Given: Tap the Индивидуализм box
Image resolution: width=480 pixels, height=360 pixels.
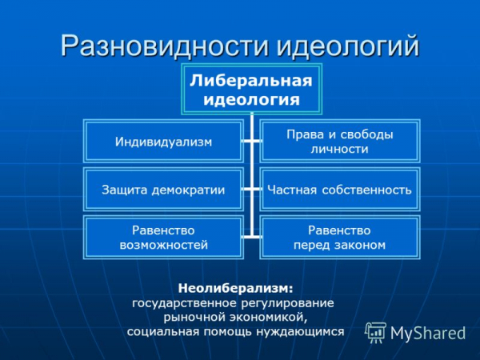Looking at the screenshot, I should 163,142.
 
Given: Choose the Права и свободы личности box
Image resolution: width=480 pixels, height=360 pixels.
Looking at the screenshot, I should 340,141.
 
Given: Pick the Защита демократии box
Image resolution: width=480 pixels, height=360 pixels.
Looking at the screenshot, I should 163,190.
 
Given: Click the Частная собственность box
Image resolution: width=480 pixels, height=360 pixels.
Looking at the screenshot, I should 340,190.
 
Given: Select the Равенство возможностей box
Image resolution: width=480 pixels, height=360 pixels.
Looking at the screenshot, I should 163,237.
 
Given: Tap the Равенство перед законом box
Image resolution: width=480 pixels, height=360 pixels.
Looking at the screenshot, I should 340,237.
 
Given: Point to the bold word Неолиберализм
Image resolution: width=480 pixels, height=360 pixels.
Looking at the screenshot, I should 235,287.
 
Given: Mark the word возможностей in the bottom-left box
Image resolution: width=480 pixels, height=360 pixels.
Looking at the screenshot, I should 163,245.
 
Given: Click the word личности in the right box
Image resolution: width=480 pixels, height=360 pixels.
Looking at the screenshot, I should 340,149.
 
